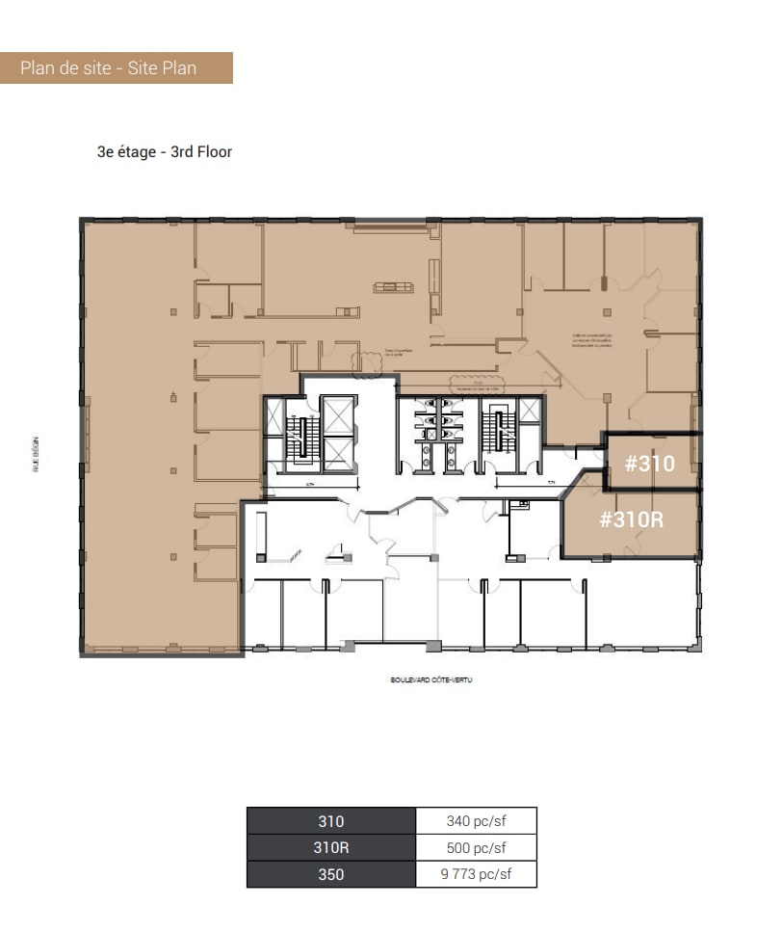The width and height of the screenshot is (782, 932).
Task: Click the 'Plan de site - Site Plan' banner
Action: [116, 68]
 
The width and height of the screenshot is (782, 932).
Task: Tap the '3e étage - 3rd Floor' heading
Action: [164, 151]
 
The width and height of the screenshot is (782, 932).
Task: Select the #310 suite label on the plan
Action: [649, 464]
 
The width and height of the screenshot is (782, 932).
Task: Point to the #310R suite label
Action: [632, 519]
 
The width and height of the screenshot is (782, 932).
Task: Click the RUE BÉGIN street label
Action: [36, 451]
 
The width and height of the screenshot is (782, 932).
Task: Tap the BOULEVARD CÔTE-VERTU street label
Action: [431, 679]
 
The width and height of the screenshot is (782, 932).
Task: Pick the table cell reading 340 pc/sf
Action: [477, 821]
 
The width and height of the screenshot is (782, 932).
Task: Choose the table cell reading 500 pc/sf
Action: [477, 848]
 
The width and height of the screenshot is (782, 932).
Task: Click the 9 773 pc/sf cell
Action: [477, 874]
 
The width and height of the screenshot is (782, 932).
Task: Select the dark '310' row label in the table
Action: [331, 821]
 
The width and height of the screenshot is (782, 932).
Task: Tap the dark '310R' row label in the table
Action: [331, 848]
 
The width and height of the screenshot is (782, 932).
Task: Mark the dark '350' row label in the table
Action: [331, 874]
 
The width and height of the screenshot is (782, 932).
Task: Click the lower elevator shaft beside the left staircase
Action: [339, 453]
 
